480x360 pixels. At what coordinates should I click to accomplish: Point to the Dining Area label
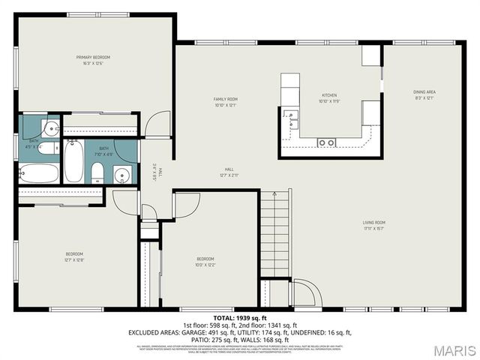[424, 94]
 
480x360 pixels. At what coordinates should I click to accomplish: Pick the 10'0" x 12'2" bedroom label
[205, 262]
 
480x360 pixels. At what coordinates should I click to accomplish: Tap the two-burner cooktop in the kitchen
[325, 142]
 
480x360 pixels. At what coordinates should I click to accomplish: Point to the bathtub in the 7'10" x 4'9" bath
[73, 162]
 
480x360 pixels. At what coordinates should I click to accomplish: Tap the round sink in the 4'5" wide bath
[50, 128]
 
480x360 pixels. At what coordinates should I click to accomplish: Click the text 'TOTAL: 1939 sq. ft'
[239, 319]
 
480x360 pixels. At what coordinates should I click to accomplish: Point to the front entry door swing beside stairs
[304, 294]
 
